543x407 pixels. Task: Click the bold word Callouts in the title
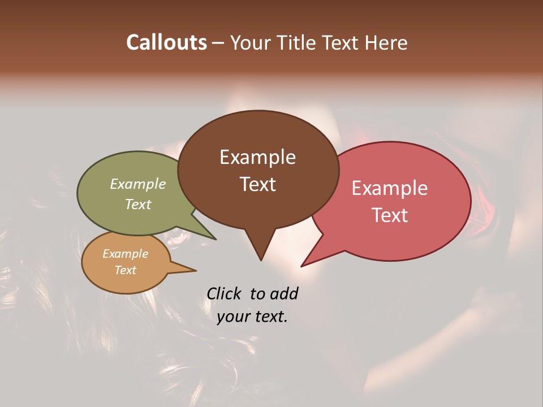(x=166, y=42)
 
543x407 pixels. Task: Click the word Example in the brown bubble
(x=257, y=157)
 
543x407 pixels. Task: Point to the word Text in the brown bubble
(x=257, y=184)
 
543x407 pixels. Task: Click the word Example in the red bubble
(x=390, y=188)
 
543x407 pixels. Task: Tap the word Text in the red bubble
(x=390, y=215)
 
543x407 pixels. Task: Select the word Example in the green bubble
(x=138, y=184)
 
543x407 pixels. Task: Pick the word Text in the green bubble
(x=138, y=204)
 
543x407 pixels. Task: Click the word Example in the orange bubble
(x=125, y=254)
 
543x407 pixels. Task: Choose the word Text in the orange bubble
(x=125, y=270)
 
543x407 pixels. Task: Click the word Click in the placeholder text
(x=225, y=294)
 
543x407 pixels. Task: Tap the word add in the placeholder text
(x=284, y=294)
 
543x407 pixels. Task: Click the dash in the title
(x=218, y=42)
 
